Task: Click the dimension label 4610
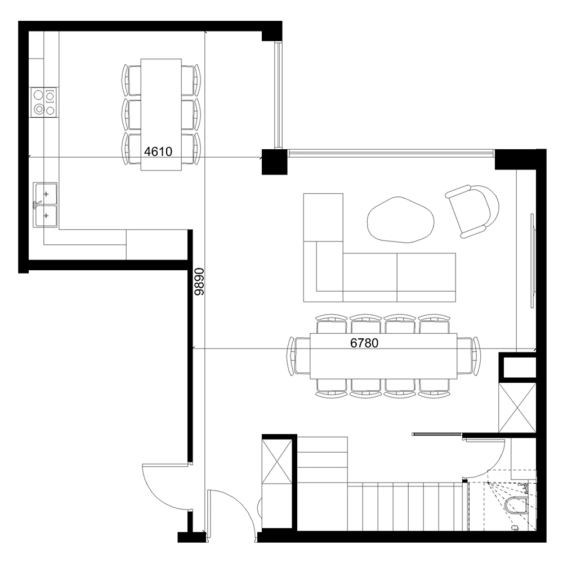click(x=158, y=151)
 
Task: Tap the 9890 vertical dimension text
click(x=199, y=281)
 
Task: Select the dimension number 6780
click(x=364, y=343)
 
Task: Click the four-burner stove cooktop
click(x=44, y=102)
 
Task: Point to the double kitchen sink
click(x=45, y=205)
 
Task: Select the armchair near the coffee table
click(x=472, y=211)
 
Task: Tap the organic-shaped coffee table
click(x=400, y=220)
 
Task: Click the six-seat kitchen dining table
click(x=161, y=114)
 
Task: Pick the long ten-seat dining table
click(x=383, y=356)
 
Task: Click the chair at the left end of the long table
click(x=298, y=356)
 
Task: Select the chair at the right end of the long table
click(x=469, y=356)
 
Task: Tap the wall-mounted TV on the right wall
click(x=533, y=261)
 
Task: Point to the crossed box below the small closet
click(x=517, y=408)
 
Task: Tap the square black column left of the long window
click(x=274, y=162)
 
